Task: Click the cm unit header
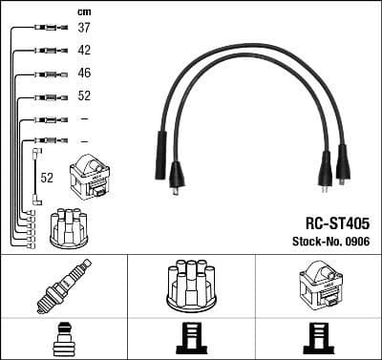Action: pos(83,11)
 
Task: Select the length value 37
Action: pos(84,28)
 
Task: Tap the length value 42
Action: pos(84,51)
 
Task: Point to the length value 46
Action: pos(84,74)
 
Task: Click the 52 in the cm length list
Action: pos(84,96)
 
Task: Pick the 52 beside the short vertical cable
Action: pos(47,178)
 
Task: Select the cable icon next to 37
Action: pos(46,29)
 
